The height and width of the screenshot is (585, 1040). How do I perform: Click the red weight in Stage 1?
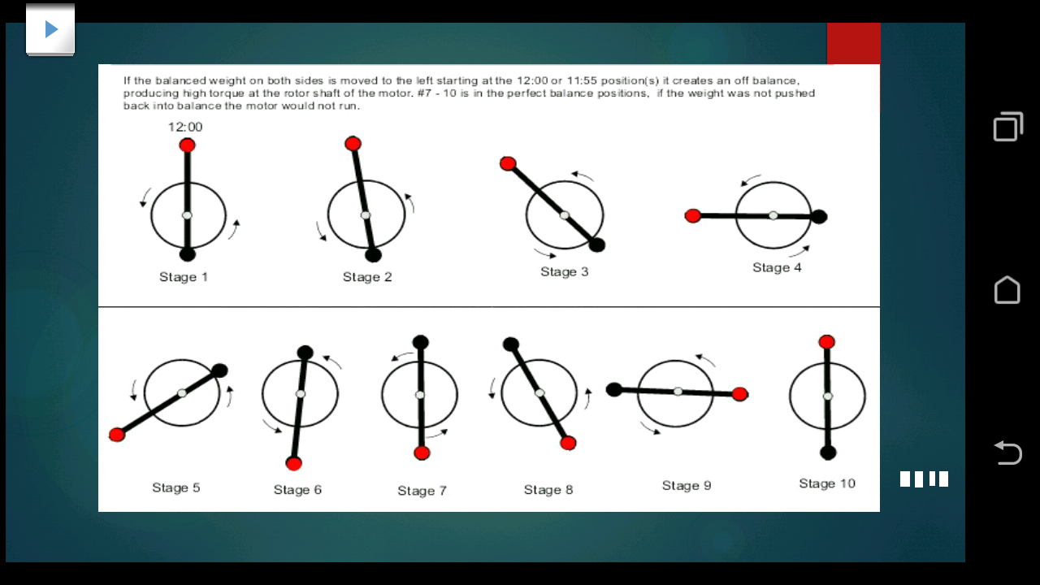coord(187,145)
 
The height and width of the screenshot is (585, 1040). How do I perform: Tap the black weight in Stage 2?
coord(373,255)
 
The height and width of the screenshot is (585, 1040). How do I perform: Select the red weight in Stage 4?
coord(693,215)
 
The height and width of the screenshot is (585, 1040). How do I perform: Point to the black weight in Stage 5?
coord(219,370)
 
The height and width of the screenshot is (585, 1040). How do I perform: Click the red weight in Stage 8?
coord(568,443)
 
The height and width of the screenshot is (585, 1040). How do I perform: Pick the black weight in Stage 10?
coord(828,453)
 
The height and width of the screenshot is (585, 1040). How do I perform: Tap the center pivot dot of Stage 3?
coord(565,215)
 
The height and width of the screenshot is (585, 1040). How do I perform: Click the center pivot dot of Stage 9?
coord(678,391)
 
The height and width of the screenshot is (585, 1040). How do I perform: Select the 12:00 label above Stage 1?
coord(185,127)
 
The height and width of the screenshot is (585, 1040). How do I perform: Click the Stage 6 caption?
coord(297,489)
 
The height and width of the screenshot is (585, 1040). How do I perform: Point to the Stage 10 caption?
coord(827,483)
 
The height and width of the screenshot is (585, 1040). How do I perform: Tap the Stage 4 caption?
coord(777,267)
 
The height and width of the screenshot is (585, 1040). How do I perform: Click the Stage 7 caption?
coord(422,490)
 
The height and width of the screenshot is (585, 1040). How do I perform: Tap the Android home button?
coord(1007,290)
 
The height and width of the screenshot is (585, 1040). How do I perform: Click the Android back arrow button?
coord(1007,452)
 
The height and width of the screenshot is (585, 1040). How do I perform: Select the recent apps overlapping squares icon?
coord(1007,127)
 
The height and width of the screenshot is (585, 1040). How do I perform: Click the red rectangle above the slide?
coord(853,43)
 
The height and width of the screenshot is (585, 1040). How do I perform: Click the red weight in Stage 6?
coord(294,463)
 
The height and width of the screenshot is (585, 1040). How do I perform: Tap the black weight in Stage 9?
coord(614,389)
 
